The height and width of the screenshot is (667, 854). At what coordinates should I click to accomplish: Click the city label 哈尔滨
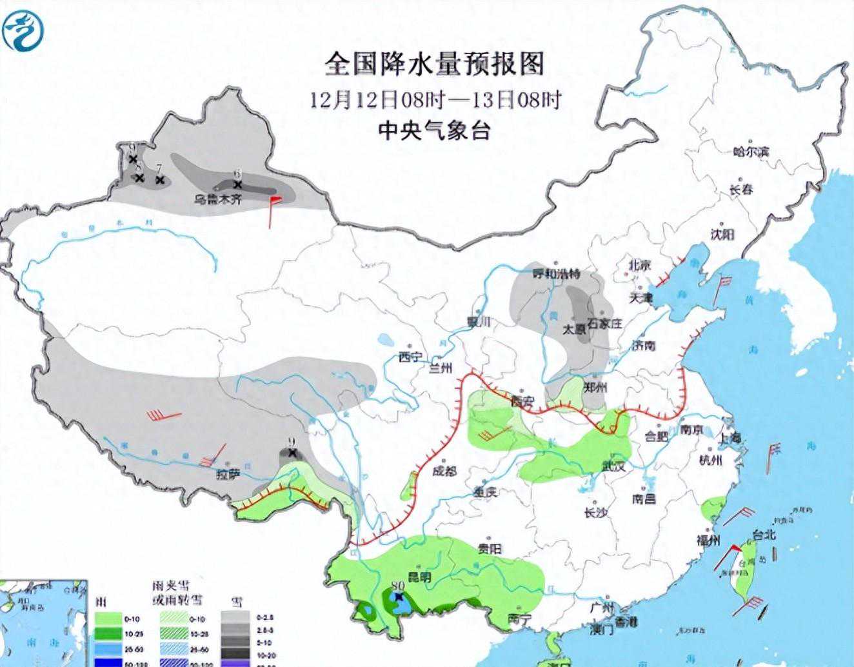click(x=751, y=153)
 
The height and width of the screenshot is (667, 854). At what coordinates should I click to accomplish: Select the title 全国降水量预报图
click(x=435, y=64)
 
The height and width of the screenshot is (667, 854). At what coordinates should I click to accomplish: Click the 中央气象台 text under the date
click(x=434, y=131)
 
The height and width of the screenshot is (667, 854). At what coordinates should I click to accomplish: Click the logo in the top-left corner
click(x=24, y=30)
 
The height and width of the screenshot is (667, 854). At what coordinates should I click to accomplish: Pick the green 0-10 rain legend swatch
click(x=110, y=619)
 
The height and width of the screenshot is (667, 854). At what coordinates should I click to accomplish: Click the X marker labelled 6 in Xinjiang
click(x=237, y=184)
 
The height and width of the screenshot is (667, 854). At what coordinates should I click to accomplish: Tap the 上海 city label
click(x=731, y=437)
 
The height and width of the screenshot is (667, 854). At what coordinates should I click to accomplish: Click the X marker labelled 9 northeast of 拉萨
click(x=293, y=453)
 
